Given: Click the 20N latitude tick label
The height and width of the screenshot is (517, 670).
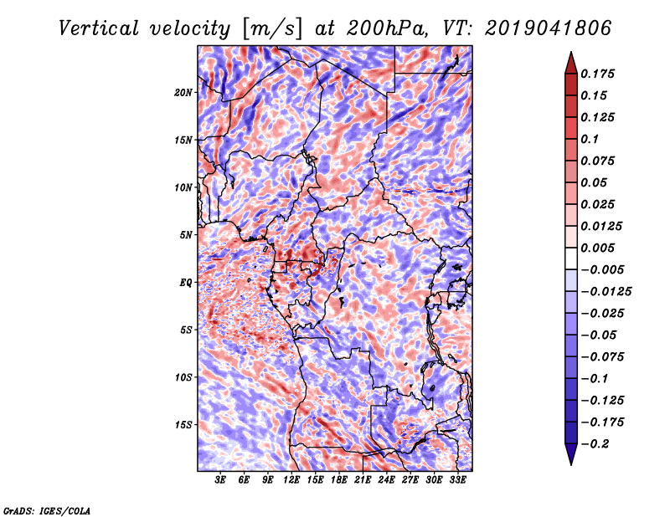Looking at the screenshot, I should click(183, 92).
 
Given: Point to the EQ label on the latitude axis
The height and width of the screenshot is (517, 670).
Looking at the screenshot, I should click(186, 282).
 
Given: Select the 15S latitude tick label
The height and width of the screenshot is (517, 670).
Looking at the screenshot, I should click(183, 425).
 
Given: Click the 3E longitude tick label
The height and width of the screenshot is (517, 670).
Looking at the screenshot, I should click(220, 481).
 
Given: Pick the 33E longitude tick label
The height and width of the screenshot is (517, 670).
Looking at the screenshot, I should click(458, 481).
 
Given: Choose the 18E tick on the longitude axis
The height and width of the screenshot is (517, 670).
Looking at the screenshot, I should click(339, 481).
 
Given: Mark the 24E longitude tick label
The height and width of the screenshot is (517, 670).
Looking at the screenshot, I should click(387, 481).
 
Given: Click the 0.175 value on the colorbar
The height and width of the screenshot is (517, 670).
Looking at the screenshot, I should click(599, 74).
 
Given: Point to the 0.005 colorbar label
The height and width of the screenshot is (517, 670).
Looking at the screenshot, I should click(599, 248).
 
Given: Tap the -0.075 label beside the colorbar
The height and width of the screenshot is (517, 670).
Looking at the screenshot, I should click(604, 356).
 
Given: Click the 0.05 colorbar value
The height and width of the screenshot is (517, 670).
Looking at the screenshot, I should click(595, 182).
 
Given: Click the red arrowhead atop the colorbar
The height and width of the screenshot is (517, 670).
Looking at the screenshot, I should click(570, 61).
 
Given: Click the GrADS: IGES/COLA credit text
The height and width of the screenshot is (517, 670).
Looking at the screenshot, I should click(47, 509).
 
